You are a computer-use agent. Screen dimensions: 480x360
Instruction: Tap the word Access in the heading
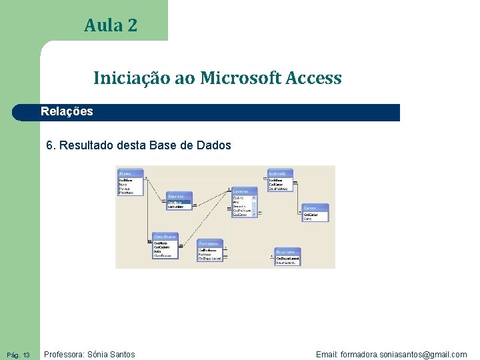[x=313, y=78]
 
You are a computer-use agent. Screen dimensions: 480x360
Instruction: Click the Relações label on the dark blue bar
[x=67, y=111]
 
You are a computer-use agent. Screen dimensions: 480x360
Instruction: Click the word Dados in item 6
[x=215, y=145]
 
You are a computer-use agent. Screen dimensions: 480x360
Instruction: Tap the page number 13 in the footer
[x=26, y=355]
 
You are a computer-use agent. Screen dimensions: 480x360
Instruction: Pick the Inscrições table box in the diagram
[x=179, y=201]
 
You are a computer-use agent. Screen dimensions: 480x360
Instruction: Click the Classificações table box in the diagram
[x=166, y=246]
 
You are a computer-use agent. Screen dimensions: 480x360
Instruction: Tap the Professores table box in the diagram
[x=209, y=251]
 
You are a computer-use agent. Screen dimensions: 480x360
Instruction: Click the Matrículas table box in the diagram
[x=280, y=181]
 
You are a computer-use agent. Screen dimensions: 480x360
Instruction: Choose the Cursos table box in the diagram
[x=315, y=213]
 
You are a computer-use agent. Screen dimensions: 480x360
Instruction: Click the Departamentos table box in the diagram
[x=287, y=257]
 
